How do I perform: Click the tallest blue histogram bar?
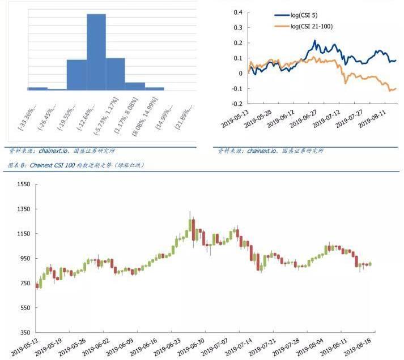point(96,51)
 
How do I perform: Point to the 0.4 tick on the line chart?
point(237,12)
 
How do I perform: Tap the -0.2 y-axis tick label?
point(236,104)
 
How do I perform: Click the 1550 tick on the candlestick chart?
point(23,185)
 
